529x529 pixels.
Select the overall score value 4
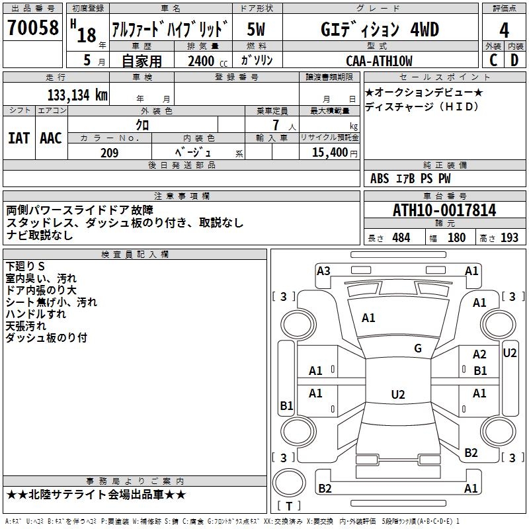tap(504, 30)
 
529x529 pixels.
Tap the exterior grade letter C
tap(493, 60)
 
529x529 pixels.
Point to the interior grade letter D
tap(514, 60)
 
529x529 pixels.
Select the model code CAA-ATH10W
tap(379, 61)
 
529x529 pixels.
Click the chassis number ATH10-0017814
tap(444, 210)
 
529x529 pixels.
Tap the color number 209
tap(109, 153)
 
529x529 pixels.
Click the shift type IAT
tap(19, 138)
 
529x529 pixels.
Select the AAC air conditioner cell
tap(50, 138)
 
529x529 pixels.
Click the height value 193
tap(509, 238)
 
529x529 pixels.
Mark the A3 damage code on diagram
tap(323, 270)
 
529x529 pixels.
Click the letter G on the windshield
tap(418, 348)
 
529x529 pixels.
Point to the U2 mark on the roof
tap(397, 395)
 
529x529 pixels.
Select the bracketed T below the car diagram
tap(289, 507)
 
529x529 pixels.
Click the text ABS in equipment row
tap(380, 179)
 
